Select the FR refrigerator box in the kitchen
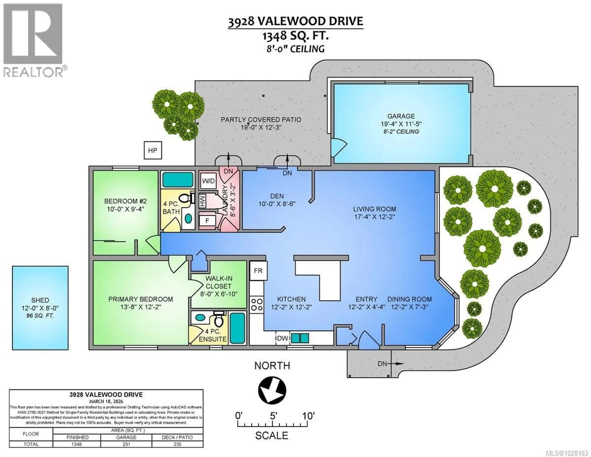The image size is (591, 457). [258, 271]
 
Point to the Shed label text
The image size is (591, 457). [40, 300]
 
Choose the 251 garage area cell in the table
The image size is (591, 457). [126, 444]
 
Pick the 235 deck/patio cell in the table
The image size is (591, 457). [177, 444]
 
